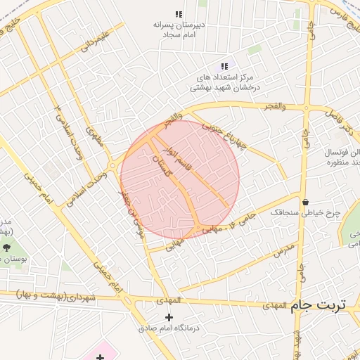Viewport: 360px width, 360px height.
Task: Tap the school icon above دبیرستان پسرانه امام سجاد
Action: click(x=179, y=14)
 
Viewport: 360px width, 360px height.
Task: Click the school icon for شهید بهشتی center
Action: click(x=225, y=66)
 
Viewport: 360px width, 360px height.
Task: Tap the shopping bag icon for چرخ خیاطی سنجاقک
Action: click(x=305, y=202)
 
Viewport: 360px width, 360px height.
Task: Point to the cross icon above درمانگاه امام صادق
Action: click(x=168, y=317)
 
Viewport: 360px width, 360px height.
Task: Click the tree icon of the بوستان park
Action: click(x=7, y=247)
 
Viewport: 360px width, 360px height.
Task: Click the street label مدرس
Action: click(x=281, y=251)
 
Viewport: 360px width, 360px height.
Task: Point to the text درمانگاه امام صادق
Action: click(x=169, y=328)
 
